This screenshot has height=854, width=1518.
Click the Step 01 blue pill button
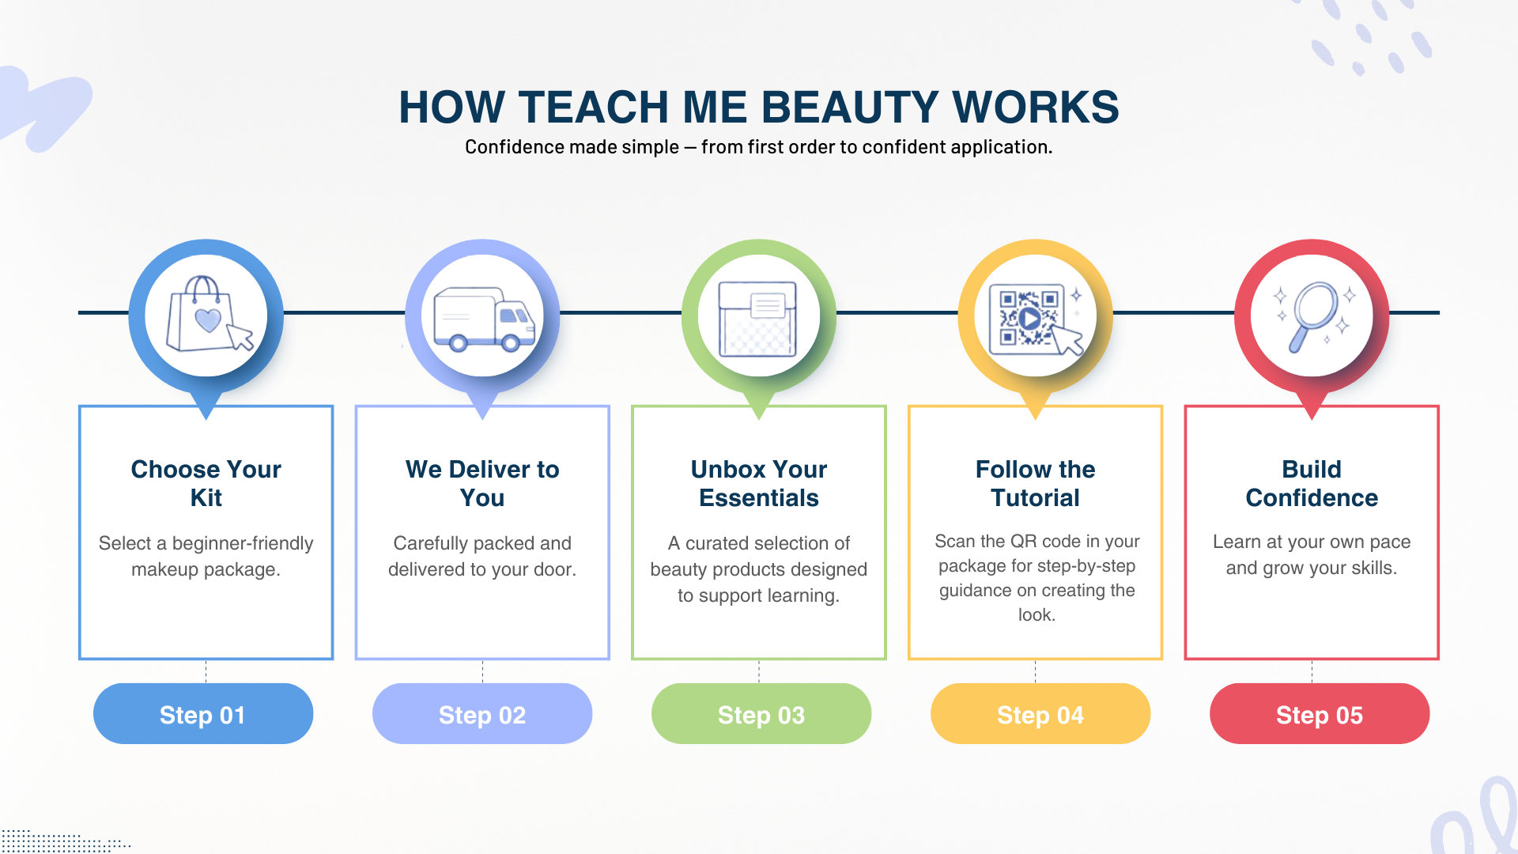203,713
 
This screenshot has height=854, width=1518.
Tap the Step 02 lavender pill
482,713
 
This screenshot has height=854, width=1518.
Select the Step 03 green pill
761,713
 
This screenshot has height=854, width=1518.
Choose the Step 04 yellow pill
1040,713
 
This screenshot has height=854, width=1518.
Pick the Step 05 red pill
1320,713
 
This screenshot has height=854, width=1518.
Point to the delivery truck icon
484,319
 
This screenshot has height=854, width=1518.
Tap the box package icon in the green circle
757,319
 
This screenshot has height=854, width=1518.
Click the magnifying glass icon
1314,316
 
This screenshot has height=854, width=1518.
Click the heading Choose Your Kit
206,483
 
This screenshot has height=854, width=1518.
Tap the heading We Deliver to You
482,483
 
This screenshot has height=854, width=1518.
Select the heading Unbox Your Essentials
759,483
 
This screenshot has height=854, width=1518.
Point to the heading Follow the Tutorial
1036,483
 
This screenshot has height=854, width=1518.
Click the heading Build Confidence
1312,483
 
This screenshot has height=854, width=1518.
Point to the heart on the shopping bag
208,319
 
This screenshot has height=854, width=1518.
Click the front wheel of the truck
511,342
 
